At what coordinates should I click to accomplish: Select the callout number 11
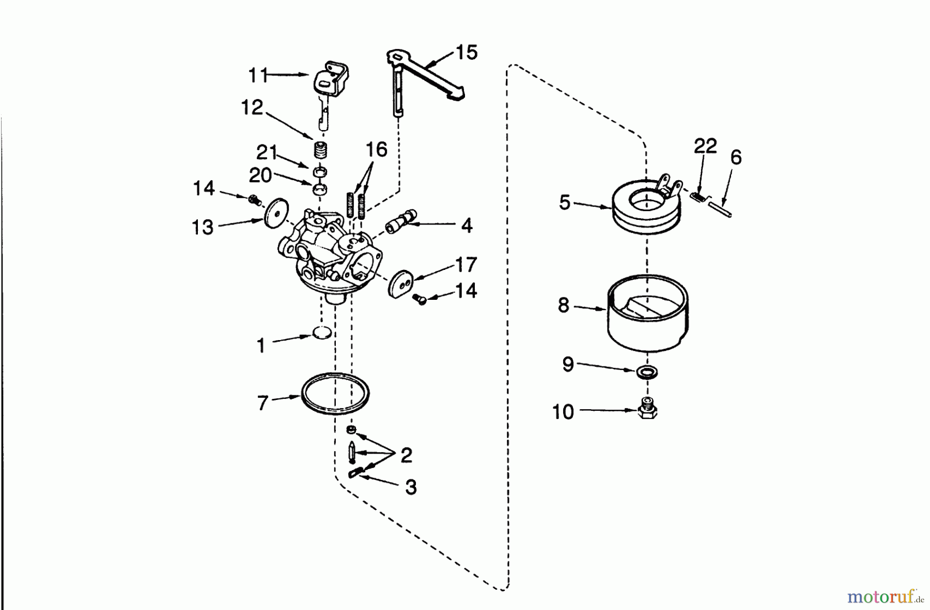point(258,75)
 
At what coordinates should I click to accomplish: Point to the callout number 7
point(262,403)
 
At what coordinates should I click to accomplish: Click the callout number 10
point(563,412)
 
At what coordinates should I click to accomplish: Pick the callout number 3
point(411,487)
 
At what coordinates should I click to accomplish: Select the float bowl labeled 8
point(647,313)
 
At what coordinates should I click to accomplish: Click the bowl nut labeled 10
point(647,408)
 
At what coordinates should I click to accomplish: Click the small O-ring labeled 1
point(322,333)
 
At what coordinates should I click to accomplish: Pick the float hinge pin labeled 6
point(722,210)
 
